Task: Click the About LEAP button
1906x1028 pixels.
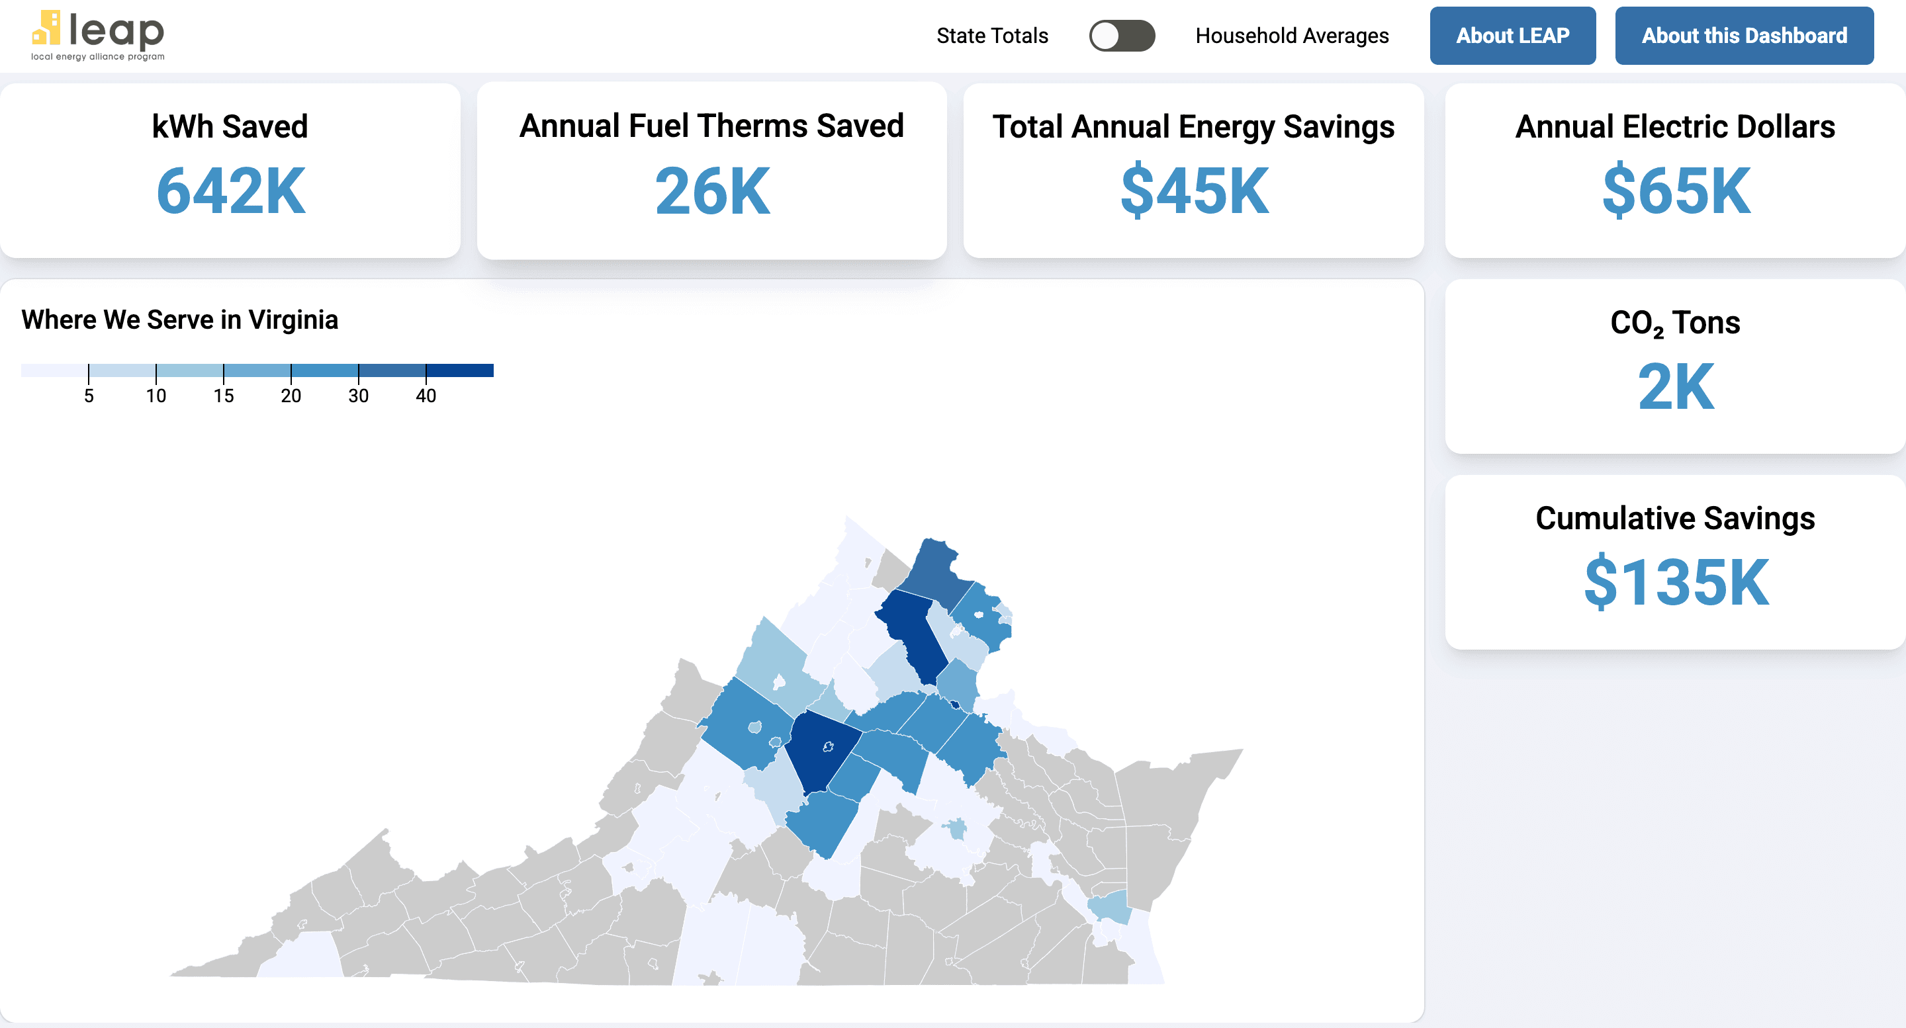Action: [1512, 36]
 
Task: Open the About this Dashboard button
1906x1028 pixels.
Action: [1743, 36]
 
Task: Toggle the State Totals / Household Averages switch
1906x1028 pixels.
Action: [1121, 36]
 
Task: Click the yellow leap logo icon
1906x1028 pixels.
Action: [46, 27]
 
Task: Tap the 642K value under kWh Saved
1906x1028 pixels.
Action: [230, 191]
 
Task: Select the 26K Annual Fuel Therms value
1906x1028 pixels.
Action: [712, 191]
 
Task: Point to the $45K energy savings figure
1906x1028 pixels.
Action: [1194, 191]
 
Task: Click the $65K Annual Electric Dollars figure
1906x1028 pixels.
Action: [1675, 191]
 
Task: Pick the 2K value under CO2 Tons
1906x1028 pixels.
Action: [1675, 387]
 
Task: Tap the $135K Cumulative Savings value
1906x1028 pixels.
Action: [1675, 583]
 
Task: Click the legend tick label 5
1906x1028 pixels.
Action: [89, 396]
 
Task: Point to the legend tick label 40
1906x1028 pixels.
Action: [426, 396]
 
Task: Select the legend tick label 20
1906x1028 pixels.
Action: [291, 396]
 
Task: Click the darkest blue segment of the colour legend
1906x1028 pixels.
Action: [459, 370]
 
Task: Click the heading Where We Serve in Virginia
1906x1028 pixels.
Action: [180, 320]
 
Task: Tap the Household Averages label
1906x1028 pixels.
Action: [1292, 36]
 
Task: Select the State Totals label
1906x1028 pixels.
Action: [991, 36]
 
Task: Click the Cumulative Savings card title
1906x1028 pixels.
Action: [1675, 518]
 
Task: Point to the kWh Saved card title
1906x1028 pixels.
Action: [230, 126]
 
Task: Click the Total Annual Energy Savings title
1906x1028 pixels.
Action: [1193, 126]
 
